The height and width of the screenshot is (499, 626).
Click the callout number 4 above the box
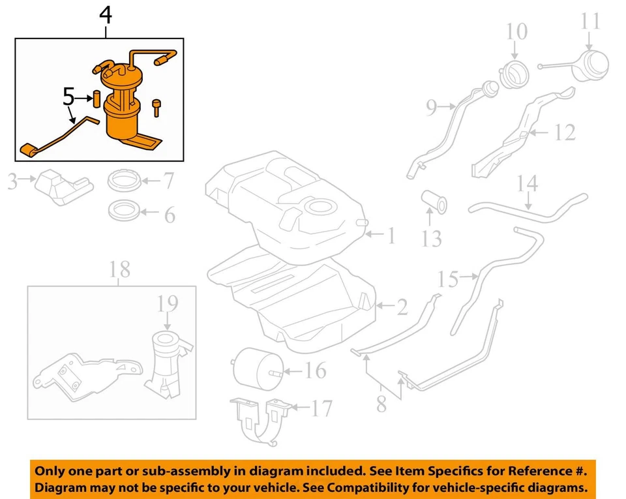[104, 16]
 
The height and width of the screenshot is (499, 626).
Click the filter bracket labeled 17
[261, 421]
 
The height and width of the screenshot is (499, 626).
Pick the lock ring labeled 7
[124, 179]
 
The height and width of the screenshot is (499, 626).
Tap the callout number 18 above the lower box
[120, 269]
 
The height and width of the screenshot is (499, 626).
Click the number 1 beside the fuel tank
[390, 235]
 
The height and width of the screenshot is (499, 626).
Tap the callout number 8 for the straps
[381, 404]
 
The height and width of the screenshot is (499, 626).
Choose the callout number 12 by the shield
[565, 132]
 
